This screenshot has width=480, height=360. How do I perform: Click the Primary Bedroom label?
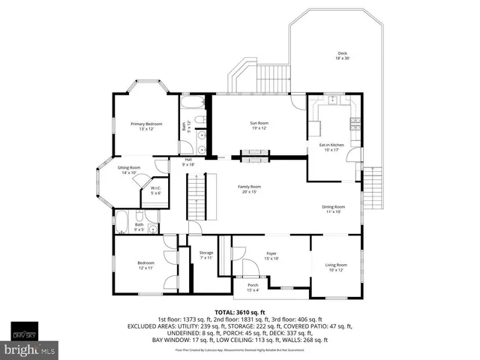(x=147, y=125)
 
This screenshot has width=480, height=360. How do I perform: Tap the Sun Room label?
(x=259, y=124)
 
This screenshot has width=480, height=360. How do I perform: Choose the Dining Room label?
(x=333, y=208)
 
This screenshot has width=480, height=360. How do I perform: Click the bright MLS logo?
(x=30, y=349)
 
